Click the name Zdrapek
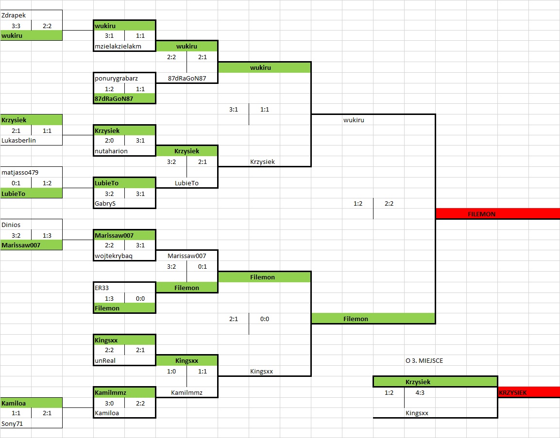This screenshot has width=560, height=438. (x=14, y=15)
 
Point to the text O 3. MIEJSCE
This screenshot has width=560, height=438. (x=424, y=360)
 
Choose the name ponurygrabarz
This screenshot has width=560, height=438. (x=117, y=78)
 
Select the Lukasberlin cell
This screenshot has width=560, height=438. (x=19, y=140)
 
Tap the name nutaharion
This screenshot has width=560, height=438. (x=111, y=151)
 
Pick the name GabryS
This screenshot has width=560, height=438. (x=105, y=203)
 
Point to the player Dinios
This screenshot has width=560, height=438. (x=11, y=225)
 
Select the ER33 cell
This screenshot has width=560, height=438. (x=102, y=288)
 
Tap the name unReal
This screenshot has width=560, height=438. (x=105, y=360)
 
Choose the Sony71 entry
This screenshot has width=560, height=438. (x=12, y=423)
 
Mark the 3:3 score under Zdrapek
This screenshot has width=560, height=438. (x=16, y=26)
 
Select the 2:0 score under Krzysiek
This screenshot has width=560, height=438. (x=109, y=141)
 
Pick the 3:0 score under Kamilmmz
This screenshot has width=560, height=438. (x=109, y=403)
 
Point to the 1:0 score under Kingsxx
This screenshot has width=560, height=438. (x=171, y=371)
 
